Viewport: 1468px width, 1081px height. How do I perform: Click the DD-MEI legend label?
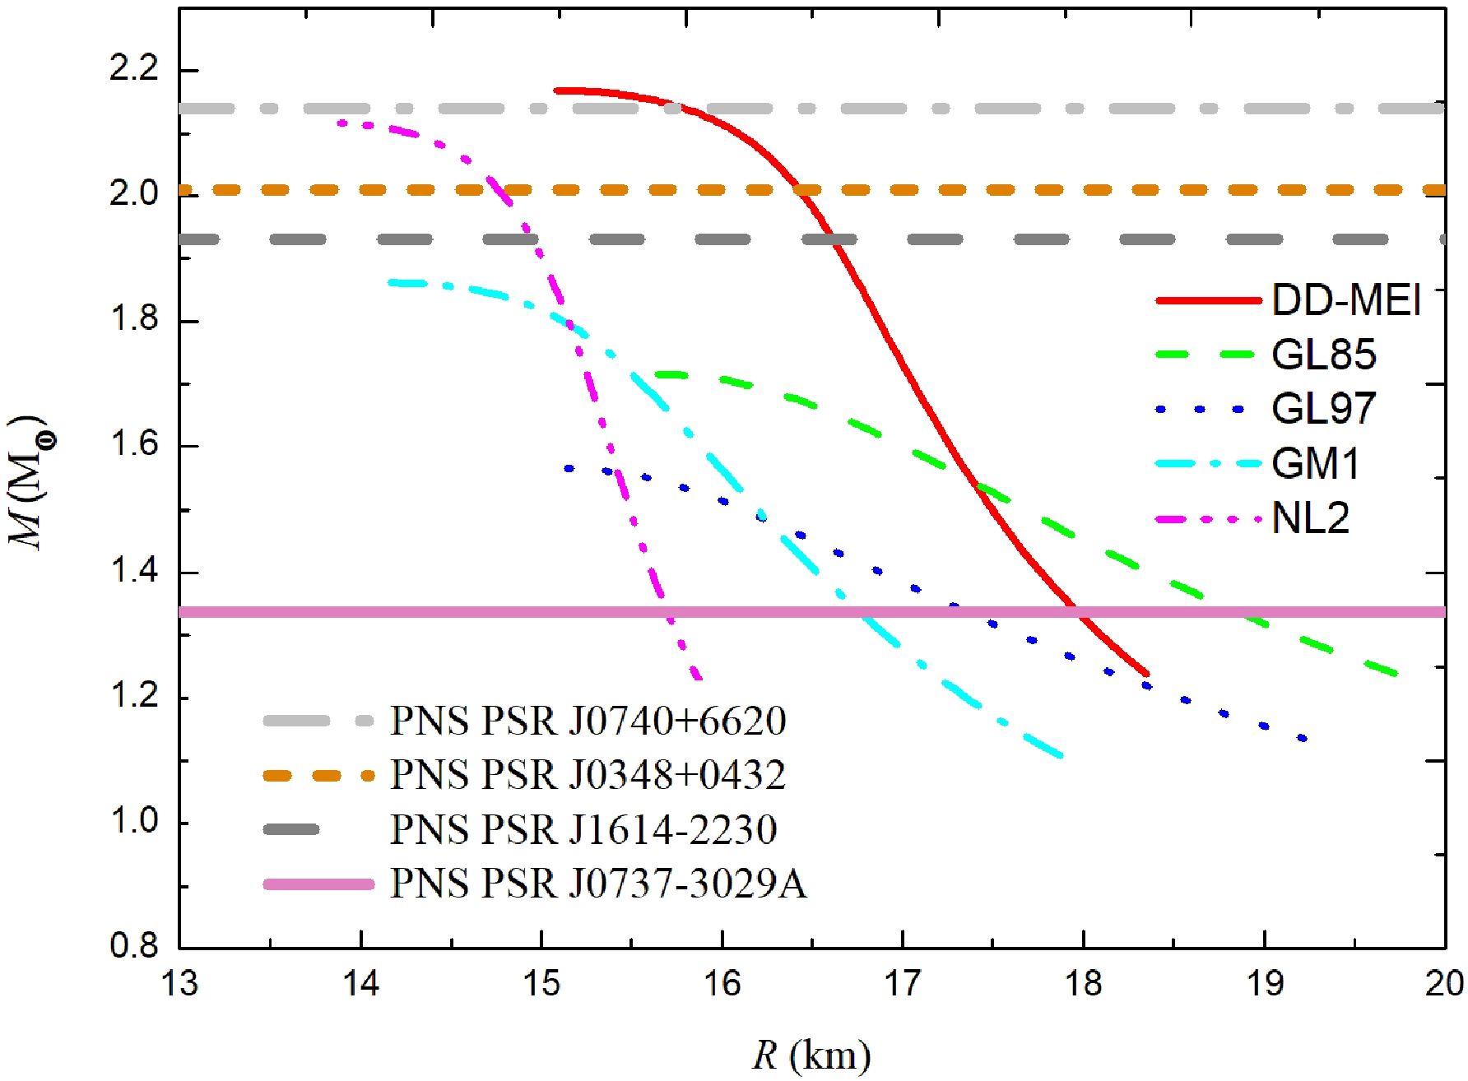coord(1346,300)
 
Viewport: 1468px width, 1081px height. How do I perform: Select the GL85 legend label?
coord(1323,355)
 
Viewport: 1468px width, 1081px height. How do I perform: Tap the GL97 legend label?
coord(1323,409)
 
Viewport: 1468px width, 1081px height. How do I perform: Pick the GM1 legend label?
coord(1315,464)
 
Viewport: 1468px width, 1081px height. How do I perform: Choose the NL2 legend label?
coord(1310,518)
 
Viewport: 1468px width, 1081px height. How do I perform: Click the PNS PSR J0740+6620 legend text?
coord(588,721)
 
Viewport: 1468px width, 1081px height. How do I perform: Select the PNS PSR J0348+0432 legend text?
coord(588,775)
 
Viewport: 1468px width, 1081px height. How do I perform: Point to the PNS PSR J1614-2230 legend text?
coord(583,829)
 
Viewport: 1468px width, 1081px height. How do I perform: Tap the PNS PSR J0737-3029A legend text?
coord(598,884)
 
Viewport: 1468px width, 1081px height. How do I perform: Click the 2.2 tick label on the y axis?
coord(133,69)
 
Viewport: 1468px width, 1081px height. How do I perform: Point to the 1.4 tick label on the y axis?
coord(133,571)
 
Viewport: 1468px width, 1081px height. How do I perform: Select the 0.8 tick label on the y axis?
coord(133,946)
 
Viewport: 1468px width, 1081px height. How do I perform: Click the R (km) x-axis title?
coord(811,1055)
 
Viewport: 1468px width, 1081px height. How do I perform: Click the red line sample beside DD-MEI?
coord(1208,300)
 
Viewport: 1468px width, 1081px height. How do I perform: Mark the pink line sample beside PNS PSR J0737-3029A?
coord(318,884)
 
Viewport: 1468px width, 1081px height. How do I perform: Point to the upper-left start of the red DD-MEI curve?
coord(557,90)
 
